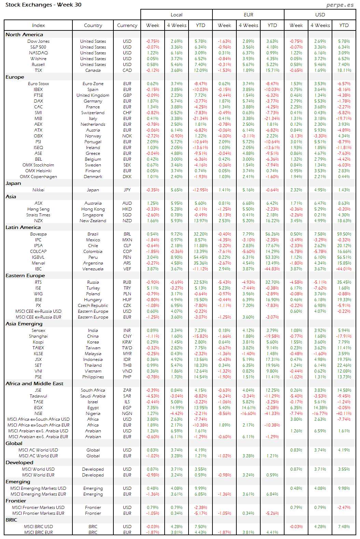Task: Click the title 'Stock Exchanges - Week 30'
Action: [x=43, y=5]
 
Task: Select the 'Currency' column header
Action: [x=127, y=25]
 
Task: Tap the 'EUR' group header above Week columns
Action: [x=248, y=15]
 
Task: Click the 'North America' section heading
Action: [x=24, y=35]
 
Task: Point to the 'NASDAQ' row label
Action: [x=38, y=53]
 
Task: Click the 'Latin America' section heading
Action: [x=23, y=227]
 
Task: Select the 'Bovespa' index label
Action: [x=38, y=234]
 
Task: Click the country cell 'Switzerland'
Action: [x=93, y=113]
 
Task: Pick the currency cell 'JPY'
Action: [x=127, y=190]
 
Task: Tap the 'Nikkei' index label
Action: [x=38, y=190]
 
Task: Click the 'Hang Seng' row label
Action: [x=38, y=209]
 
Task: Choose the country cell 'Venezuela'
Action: [x=93, y=269]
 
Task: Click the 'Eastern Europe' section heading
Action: [x=25, y=275]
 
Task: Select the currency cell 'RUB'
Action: [x=127, y=282]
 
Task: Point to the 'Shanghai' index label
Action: [x=38, y=336]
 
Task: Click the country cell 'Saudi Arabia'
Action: [x=93, y=396]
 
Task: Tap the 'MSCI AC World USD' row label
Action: [x=38, y=450]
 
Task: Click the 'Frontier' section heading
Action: [x=16, y=501]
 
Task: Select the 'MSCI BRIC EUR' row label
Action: [x=38, y=533]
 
